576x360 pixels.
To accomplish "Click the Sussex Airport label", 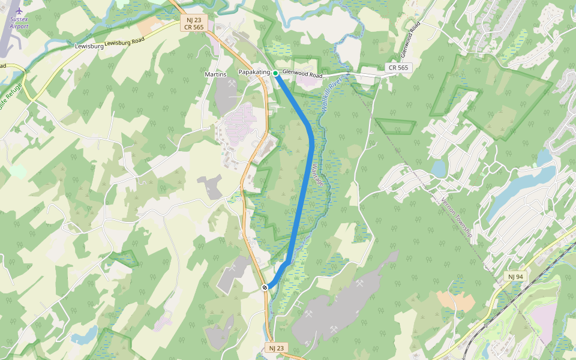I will tap(19, 23).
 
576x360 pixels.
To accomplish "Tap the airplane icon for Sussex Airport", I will tap(19, 11).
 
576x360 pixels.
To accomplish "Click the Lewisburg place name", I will tap(89, 46).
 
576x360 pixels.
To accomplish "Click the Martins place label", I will tap(216, 74).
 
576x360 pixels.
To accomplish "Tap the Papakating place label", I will tap(254, 73).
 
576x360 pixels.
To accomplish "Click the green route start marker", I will tap(275, 73).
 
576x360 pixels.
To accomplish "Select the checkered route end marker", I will tap(265, 287).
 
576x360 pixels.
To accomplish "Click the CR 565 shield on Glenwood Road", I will tap(398, 68).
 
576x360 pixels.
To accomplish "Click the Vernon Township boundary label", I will tap(457, 217).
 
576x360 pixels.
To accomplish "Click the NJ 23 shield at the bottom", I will tap(275, 348).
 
